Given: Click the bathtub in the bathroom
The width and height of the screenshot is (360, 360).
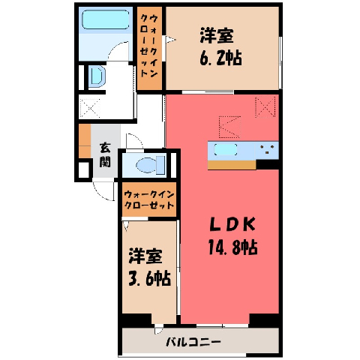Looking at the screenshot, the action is point(106,19).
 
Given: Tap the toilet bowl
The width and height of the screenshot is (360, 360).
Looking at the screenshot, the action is point(151,165).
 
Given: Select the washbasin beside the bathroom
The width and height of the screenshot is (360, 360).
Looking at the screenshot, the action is point(97,76).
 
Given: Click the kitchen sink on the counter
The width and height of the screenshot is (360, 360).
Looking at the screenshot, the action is point(226,150).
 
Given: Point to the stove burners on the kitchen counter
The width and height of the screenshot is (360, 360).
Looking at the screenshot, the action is point(267,150).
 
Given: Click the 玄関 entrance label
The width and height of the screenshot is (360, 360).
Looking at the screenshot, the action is point(105,155).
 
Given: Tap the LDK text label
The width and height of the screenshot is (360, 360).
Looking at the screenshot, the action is point(232,224).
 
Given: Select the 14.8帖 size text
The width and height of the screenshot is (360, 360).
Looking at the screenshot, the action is point(233,247).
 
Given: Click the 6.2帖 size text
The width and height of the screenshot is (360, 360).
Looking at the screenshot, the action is point(220,58).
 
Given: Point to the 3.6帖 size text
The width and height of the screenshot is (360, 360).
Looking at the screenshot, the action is point(150,278).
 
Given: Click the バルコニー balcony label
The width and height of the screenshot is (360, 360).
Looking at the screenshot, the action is point(193,342).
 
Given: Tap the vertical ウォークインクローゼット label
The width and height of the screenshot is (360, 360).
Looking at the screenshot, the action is point(149,46).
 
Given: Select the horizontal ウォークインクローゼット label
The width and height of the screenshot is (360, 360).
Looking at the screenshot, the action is point(149,199).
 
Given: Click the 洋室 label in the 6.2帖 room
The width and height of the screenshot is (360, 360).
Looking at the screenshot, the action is point(217,36).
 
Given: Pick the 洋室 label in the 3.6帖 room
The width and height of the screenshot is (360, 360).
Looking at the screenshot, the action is point(145,256).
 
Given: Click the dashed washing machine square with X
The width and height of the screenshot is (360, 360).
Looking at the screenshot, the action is point(90,108).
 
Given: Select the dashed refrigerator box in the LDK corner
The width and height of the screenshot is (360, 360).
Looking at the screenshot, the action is point(265,106).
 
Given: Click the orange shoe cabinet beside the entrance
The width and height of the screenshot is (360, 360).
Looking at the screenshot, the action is point(85,141).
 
